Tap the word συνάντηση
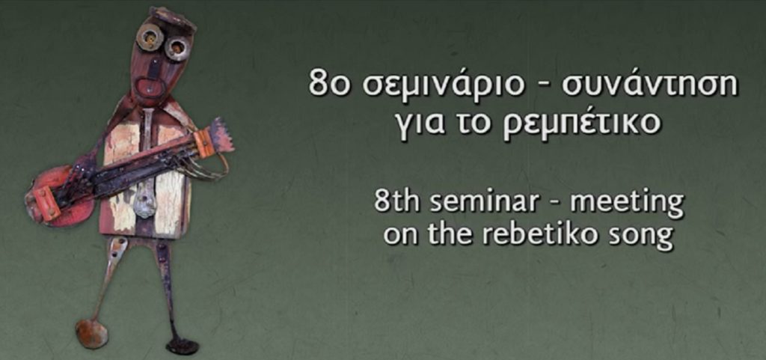[650, 84]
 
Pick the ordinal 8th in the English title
[396, 201]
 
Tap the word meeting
[626, 204]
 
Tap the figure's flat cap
[173, 18]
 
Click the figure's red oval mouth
[148, 88]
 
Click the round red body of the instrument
[53, 196]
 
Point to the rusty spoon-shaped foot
[91, 333]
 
